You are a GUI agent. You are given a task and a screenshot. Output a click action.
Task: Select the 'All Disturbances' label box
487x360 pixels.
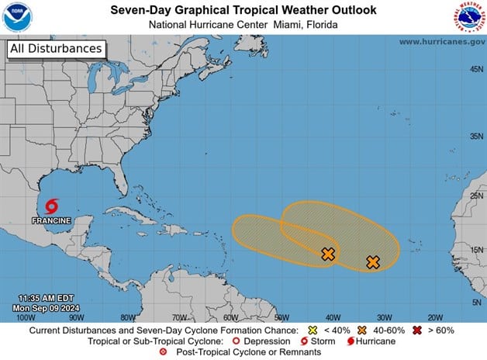[56, 49]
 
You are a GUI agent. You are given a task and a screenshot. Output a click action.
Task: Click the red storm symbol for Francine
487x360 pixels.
[51, 206]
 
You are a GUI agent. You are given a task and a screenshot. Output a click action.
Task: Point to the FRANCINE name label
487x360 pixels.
[51, 220]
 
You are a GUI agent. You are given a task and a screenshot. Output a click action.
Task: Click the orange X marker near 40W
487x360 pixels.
[328, 254]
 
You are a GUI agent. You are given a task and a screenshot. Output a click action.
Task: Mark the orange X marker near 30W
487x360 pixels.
[373, 262]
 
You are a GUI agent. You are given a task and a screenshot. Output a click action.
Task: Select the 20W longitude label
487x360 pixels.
[435, 317]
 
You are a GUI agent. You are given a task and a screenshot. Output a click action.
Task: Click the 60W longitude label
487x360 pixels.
[230, 317]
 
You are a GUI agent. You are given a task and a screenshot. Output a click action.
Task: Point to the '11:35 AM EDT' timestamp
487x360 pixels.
[47, 298]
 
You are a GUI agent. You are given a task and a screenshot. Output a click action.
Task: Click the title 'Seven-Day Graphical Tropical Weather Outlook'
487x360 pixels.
[243, 11]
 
